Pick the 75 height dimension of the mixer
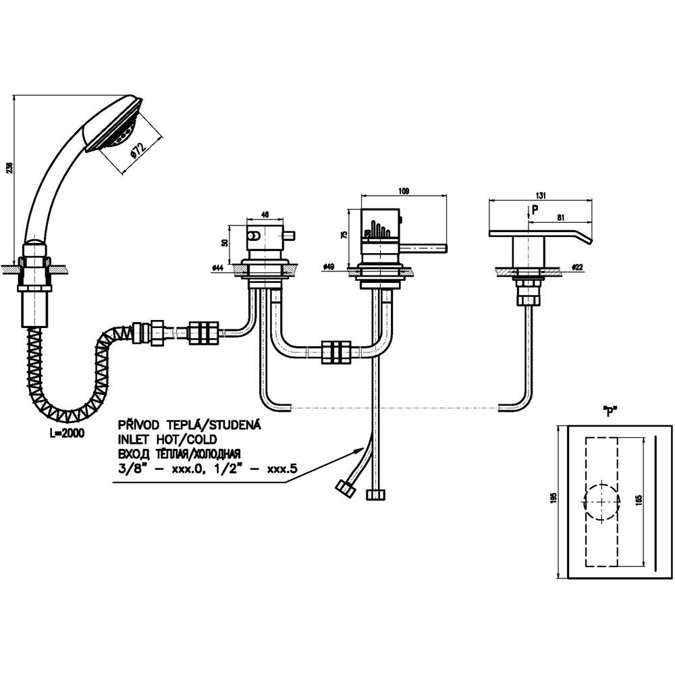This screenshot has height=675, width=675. coord(344,235)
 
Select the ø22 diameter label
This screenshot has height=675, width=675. coord(577,268)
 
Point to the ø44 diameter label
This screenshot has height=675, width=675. coord(217,268)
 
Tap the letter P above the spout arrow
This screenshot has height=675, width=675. coord(535,209)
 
